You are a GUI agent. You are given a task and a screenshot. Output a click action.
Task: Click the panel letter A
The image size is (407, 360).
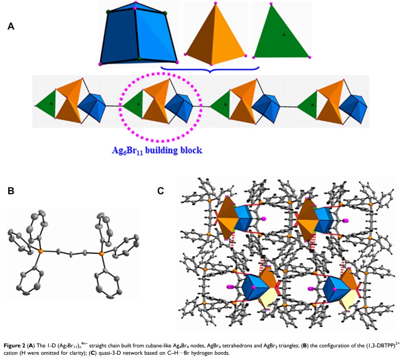click(11, 26)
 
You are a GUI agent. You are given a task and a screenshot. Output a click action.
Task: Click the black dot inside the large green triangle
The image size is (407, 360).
click(284, 35)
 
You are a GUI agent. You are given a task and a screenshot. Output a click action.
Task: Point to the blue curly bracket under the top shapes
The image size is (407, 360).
click(210, 70)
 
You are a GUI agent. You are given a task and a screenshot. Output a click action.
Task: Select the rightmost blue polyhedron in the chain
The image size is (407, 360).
click(353, 106)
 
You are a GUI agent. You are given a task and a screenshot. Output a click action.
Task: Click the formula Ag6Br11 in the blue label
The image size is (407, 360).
click(125, 151)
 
